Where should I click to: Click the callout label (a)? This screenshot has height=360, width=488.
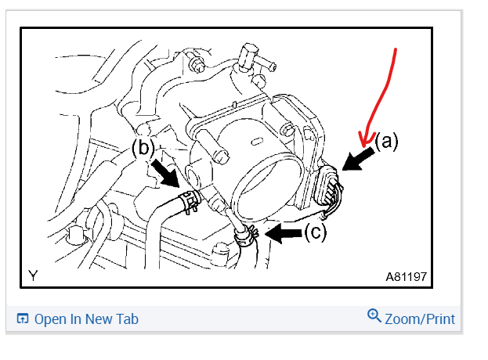(386, 142)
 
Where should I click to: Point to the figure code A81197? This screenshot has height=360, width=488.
(406, 276)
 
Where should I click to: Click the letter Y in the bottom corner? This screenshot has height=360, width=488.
(33, 275)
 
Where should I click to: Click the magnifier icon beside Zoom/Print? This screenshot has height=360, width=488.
(374, 316)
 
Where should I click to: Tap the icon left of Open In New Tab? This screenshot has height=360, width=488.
(23, 319)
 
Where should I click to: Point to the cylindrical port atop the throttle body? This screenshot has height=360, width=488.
(249, 55)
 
